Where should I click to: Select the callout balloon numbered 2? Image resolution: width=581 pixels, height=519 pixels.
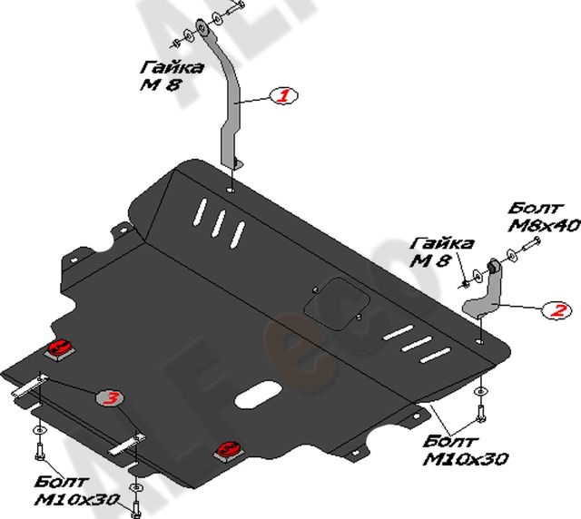click(557, 311)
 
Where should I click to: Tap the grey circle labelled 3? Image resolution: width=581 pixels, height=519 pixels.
click(110, 398)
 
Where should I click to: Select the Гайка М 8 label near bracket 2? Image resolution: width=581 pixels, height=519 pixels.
click(442, 252)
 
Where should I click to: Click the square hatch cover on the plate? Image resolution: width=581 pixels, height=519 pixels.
click(336, 304)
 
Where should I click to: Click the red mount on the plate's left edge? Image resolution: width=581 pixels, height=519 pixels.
click(60, 348)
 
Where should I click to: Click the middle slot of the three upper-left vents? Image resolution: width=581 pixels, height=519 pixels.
click(217, 220)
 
